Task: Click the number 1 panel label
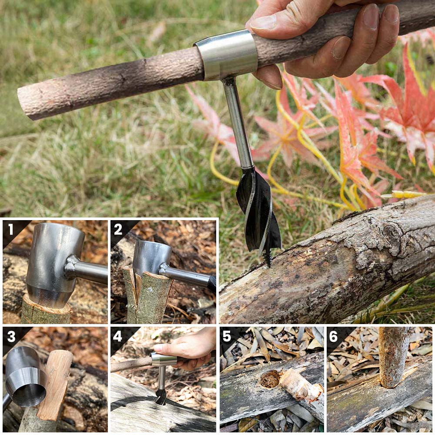[10, 229]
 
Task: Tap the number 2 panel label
[118, 229]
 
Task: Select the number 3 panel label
[11, 336]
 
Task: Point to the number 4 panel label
[117, 336]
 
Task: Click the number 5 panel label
[227, 336]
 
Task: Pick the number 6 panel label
[333, 336]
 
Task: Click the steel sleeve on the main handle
[226, 54]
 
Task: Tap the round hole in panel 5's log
[269, 379]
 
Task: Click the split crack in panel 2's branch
[137, 288]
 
